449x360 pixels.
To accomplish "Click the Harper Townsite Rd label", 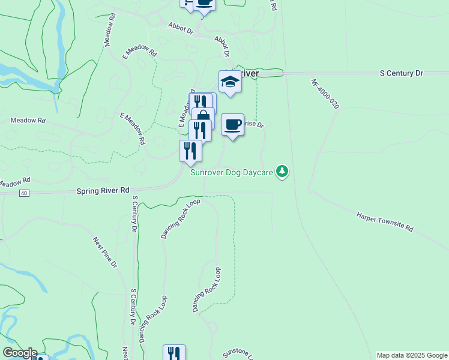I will click(385, 221).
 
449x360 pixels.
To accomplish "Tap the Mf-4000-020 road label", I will click(325, 94).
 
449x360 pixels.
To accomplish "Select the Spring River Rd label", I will click(103, 190).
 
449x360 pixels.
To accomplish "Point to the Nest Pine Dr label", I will click(105, 252).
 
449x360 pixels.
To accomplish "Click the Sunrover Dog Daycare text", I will click(232, 173).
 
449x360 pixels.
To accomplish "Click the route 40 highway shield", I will click(23, 193).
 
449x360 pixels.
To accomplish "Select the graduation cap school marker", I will click(230, 82).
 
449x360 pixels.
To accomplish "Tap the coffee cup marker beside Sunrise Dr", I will click(232, 125).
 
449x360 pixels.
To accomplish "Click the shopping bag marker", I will click(204, 116).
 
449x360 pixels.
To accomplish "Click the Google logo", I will click(19, 353).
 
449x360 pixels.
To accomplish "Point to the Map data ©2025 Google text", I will click(411, 355).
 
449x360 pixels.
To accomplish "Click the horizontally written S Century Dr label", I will click(402, 73).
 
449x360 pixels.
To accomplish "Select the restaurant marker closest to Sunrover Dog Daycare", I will click(191, 151).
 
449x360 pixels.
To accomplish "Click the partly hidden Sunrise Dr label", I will click(255, 125).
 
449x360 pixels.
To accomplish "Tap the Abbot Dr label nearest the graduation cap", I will click(223, 46).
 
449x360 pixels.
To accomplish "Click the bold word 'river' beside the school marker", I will click(249, 74).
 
